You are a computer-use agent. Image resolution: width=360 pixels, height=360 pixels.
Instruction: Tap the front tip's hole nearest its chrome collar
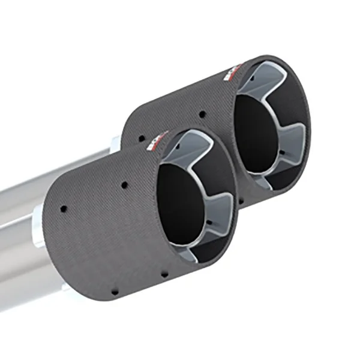coord(64,209)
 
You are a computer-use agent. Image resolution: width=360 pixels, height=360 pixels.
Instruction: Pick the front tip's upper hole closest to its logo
coord(124,185)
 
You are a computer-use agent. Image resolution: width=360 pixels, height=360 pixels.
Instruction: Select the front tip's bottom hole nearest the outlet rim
coord(164,274)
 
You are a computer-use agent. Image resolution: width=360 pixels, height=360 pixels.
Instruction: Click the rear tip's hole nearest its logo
coord(203,113)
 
